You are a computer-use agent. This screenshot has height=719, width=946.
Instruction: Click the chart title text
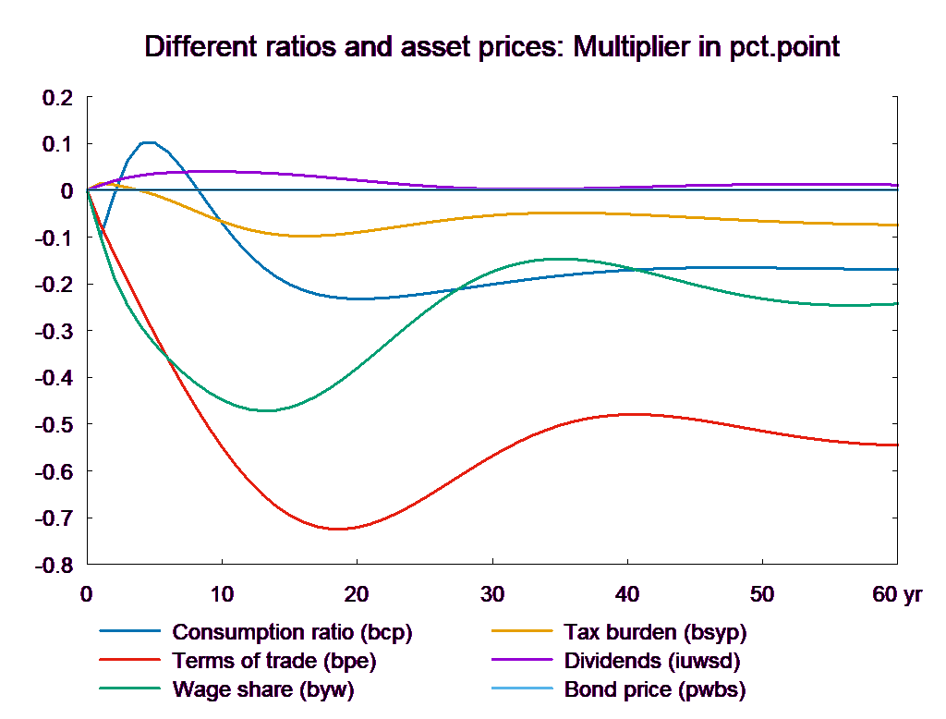tap(491, 47)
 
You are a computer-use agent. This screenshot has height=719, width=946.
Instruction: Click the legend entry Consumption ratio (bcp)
tap(292, 633)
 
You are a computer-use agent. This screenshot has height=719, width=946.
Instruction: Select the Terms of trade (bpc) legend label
tap(274, 661)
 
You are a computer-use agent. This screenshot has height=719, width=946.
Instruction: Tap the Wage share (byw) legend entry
tap(263, 689)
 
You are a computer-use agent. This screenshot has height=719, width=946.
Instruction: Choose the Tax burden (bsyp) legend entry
tap(654, 633)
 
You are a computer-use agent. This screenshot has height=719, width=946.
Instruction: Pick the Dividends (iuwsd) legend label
tap(652, 661)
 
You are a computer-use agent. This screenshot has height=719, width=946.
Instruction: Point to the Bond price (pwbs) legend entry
tap(654, 689)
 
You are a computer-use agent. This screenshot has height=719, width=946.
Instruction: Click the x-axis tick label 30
tap(492, 594)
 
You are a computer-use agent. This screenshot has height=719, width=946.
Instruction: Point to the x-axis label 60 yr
tap(897, 594)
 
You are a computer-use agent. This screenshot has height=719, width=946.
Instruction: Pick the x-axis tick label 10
tap(222, 594)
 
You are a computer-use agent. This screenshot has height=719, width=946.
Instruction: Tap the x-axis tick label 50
tap(762, 594)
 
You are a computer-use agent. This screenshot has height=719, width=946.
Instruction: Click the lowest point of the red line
tap(339, 529)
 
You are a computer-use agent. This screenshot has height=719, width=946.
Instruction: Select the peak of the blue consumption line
tap(147, 142)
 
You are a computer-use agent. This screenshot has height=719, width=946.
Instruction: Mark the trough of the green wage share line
tap(268, 410)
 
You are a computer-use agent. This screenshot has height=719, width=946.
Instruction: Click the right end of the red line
tap(898, 445)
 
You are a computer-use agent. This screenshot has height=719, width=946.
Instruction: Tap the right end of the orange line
tap(898, 225)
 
